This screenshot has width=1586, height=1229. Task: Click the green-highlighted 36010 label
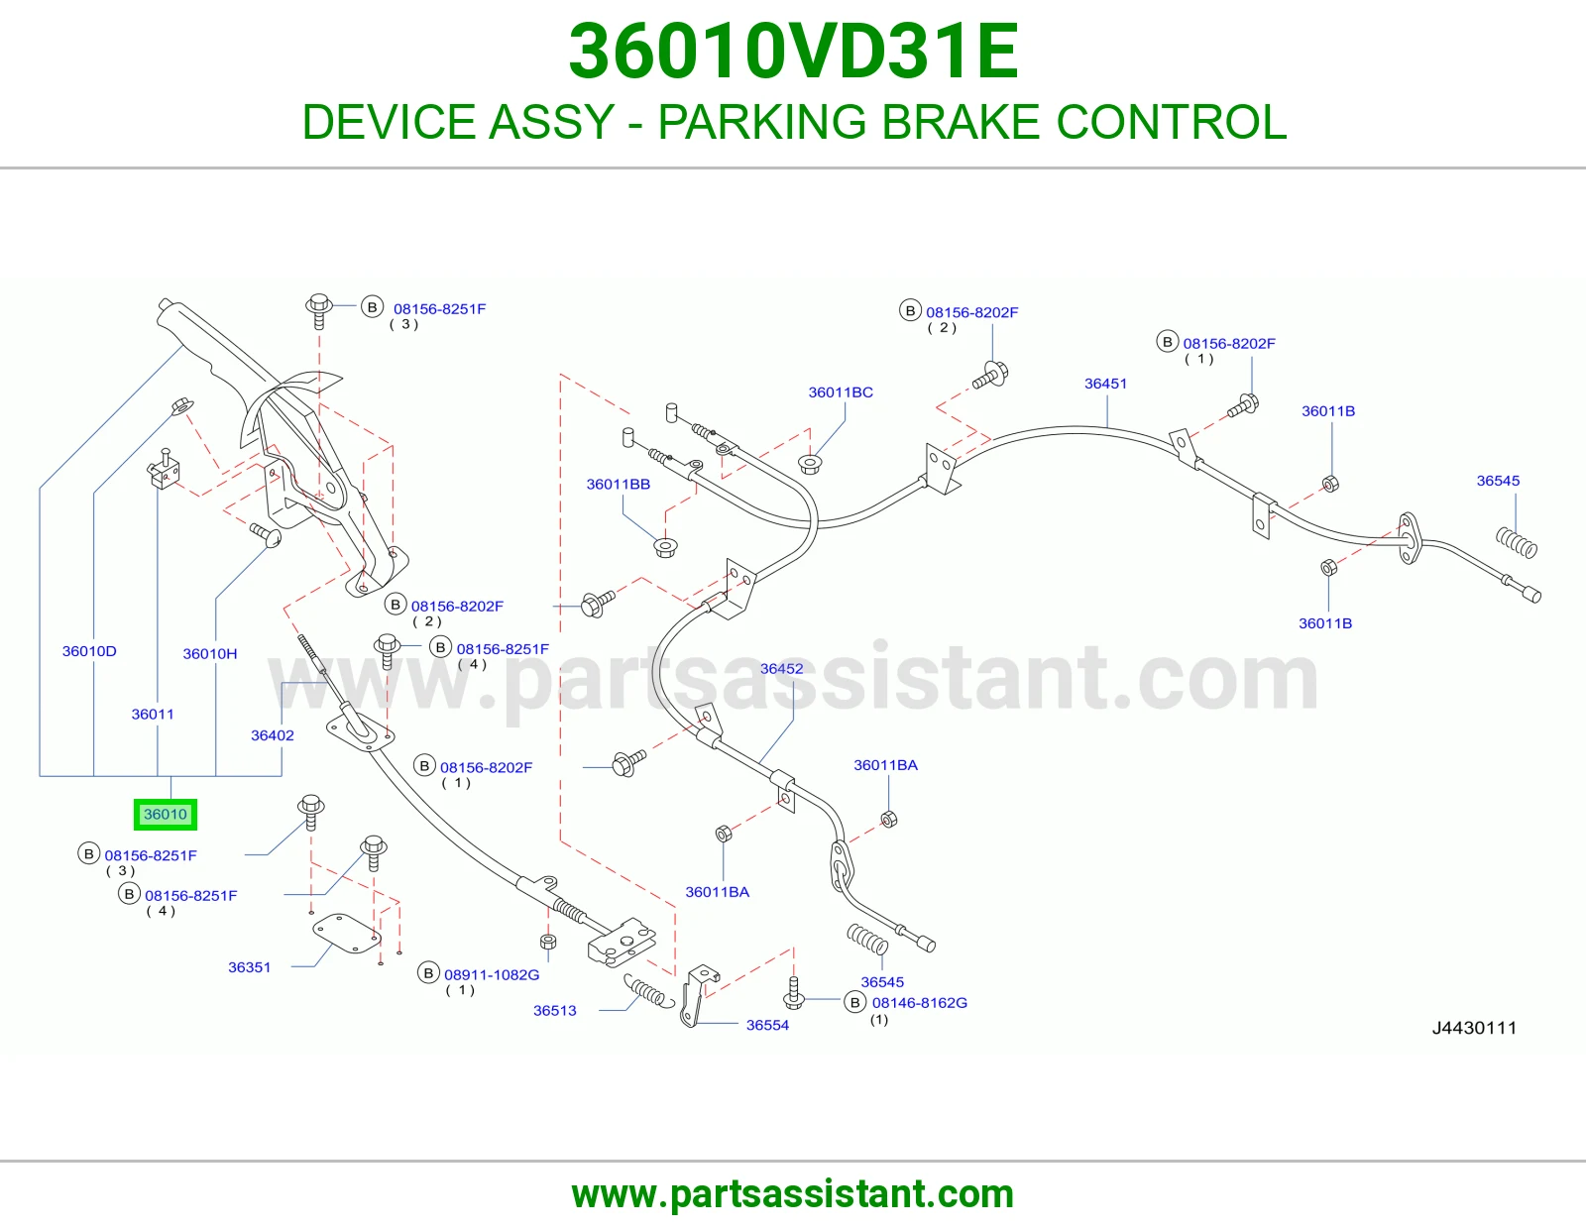point(165,814)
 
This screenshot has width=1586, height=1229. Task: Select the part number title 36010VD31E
point(793,52)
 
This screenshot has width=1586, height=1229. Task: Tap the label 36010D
point(89,651)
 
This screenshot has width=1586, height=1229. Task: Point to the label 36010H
point(209,654)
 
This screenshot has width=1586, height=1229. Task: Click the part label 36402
point(273,735)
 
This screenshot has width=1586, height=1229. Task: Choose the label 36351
point(249,967)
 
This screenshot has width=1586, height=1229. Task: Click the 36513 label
point(555,1011)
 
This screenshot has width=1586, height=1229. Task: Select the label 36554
point(767,1026)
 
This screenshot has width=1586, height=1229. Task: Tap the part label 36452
point(782,668)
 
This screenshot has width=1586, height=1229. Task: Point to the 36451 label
point(1106,384)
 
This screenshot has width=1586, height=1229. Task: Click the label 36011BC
point(841,392)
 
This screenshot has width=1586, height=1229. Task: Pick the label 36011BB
point(619,485)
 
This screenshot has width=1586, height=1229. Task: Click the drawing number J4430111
point(1474,1029)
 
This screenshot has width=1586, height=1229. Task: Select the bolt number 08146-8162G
point(920,1003)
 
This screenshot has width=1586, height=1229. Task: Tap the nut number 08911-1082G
point(492,975)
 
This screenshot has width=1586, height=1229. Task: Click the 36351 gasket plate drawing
point(347,934)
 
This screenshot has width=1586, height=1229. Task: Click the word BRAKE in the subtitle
point(961,122)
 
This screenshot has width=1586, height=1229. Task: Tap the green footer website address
point(793,1194)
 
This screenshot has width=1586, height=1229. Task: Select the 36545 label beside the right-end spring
point(1499,481)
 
